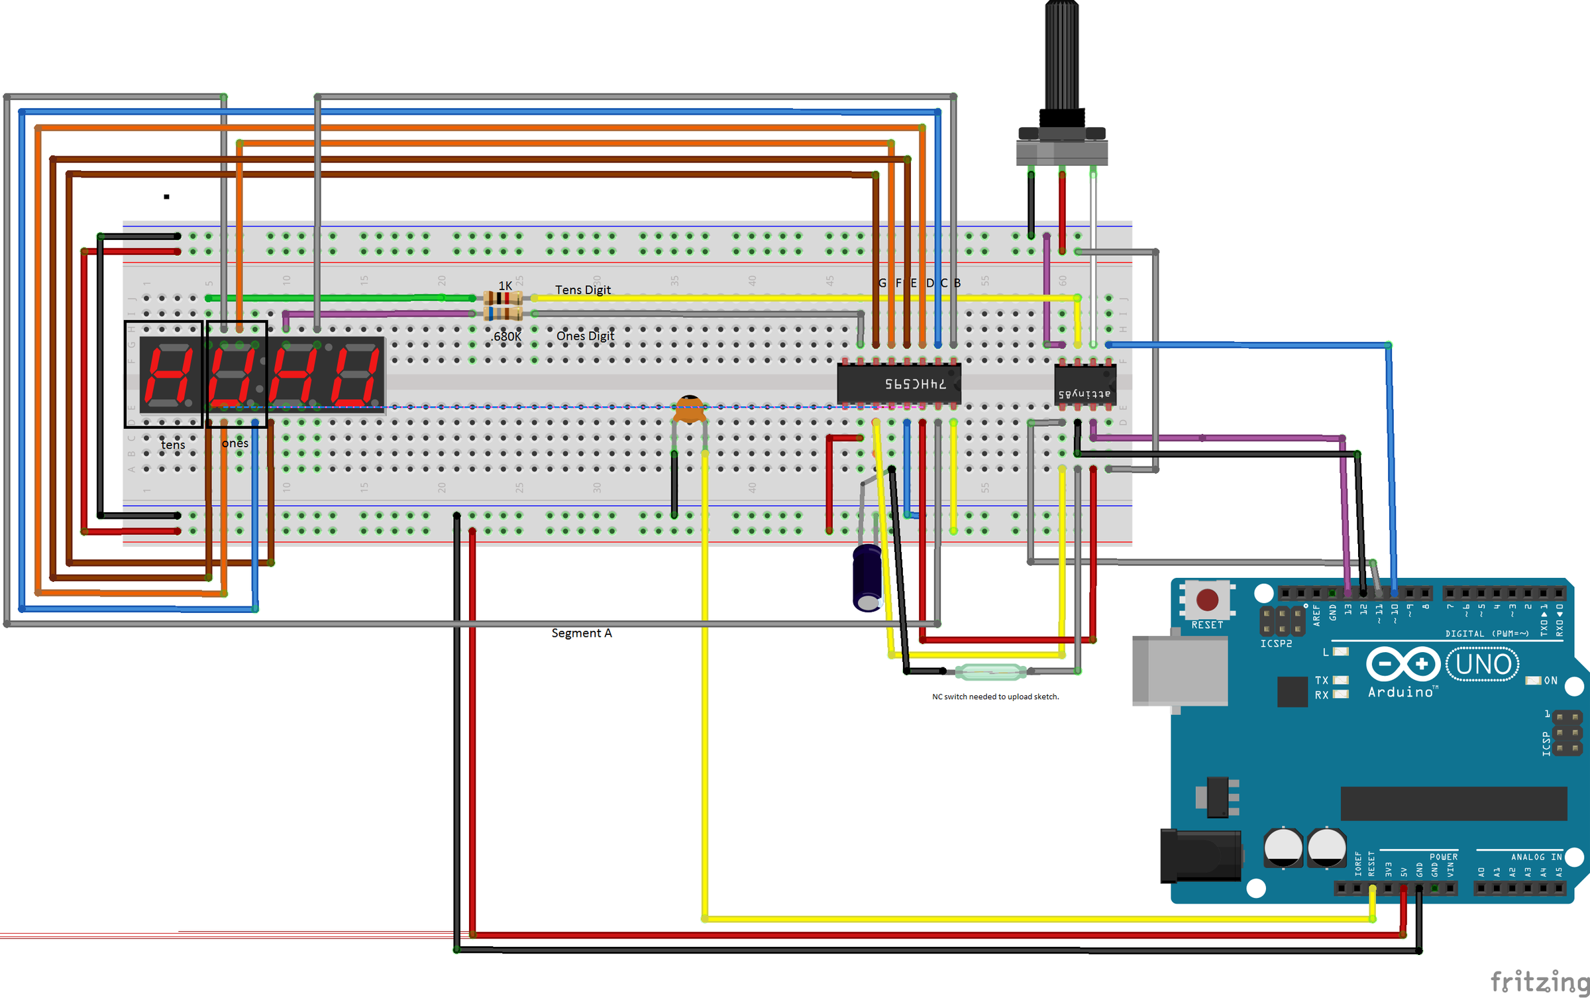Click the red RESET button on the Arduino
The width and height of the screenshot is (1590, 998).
click(1206, 600)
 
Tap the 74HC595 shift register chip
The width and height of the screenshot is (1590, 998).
click(898, 384)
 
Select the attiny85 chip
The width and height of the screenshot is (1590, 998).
click(1085, 385)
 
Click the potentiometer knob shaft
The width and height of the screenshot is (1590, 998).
click(1062, 53)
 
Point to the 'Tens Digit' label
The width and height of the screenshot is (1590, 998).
click(582, 290)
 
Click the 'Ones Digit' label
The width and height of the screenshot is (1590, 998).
click(585, 336)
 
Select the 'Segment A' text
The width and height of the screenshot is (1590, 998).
click(582, 633)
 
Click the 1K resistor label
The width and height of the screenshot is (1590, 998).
click(505, 286)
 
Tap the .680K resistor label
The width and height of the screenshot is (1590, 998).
click(507, 337)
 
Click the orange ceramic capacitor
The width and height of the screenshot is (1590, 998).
click(689, 410)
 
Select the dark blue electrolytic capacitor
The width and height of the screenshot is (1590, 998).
click(867, 577)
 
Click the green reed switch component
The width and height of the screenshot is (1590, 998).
click(990, 672)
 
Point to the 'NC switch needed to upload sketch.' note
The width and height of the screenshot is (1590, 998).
click(995, 696)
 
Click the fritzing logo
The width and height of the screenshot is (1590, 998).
click(1538, 981)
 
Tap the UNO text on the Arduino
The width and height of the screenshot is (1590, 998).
click(1483, 664)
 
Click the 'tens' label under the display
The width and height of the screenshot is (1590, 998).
click(173, 445)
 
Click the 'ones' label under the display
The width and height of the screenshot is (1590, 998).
click(235, 443)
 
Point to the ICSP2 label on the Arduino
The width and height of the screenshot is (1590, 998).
click(1275, 643)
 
